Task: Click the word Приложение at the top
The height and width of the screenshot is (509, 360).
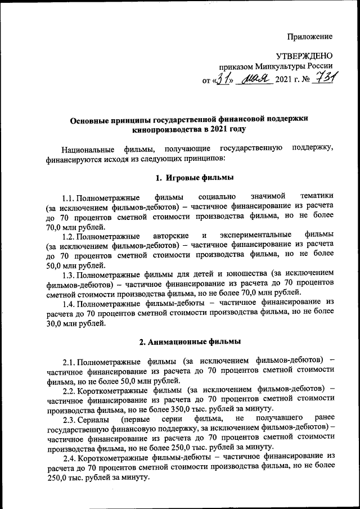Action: (309, 37)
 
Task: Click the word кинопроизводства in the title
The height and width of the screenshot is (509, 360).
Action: (166, 129)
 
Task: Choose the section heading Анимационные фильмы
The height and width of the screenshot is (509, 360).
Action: (195, 341)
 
